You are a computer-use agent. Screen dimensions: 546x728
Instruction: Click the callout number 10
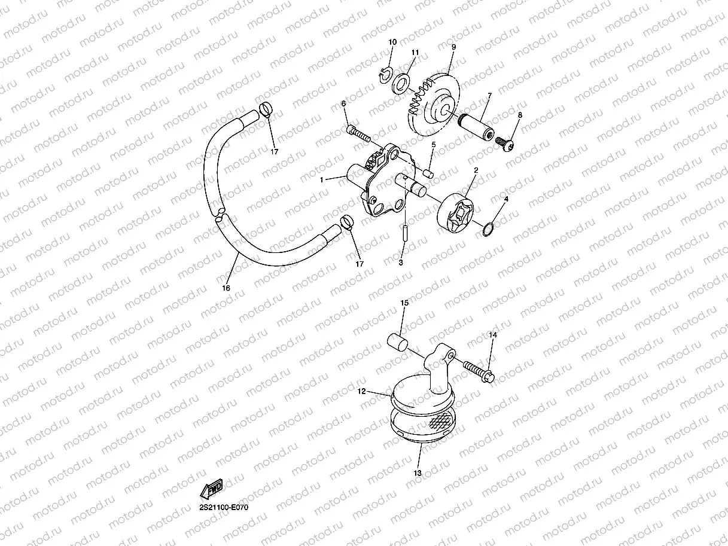click(392, 42)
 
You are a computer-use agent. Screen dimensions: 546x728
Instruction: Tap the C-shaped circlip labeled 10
click(385, 74)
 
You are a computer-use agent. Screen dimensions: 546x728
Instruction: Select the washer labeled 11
click(401, 83)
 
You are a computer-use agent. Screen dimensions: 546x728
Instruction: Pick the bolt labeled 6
click(358, 132)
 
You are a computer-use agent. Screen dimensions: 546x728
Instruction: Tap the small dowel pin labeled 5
click(428, 172)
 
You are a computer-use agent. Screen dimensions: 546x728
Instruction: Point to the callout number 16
click(226, 288)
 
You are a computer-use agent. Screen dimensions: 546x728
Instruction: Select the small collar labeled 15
click(397, 342)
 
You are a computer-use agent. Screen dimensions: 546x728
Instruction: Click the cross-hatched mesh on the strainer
click(440, 423)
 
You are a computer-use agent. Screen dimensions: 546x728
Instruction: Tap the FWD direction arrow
click(211, 489)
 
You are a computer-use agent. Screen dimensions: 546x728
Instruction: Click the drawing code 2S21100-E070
click(224, 507)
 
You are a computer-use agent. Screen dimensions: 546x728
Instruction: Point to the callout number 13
click(418, 472)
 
